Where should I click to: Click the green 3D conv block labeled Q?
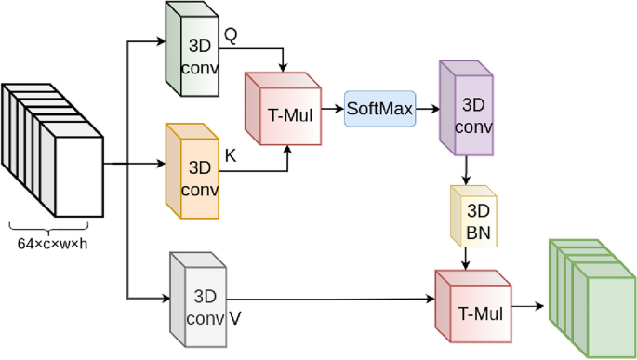pyautogui.click(x=192, y=50)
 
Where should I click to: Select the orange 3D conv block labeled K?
pyautogui.click(x=192, y=173)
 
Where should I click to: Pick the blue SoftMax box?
pyautogui.click(x=378, y=109)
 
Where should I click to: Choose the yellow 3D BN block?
pyautogui.click(x=472, y=216)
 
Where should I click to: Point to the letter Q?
pyautogui.click(x=231, y=34)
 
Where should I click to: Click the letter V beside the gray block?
pyautogui.click(x=235, y=316)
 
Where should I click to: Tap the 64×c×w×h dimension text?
pyautogui.click(x=52, y=244)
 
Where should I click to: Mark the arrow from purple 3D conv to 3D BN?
pyautogui.click(x=465, y=169)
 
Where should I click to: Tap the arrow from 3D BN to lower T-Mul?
pyautogui.click(x=465, y=259)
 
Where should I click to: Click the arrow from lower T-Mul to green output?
pyautogui.click(x=528, y=305)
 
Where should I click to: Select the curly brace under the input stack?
pyautogui.click(x=52, y=228)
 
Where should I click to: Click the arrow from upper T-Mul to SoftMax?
pyautogui.click(x=334, y=109)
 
